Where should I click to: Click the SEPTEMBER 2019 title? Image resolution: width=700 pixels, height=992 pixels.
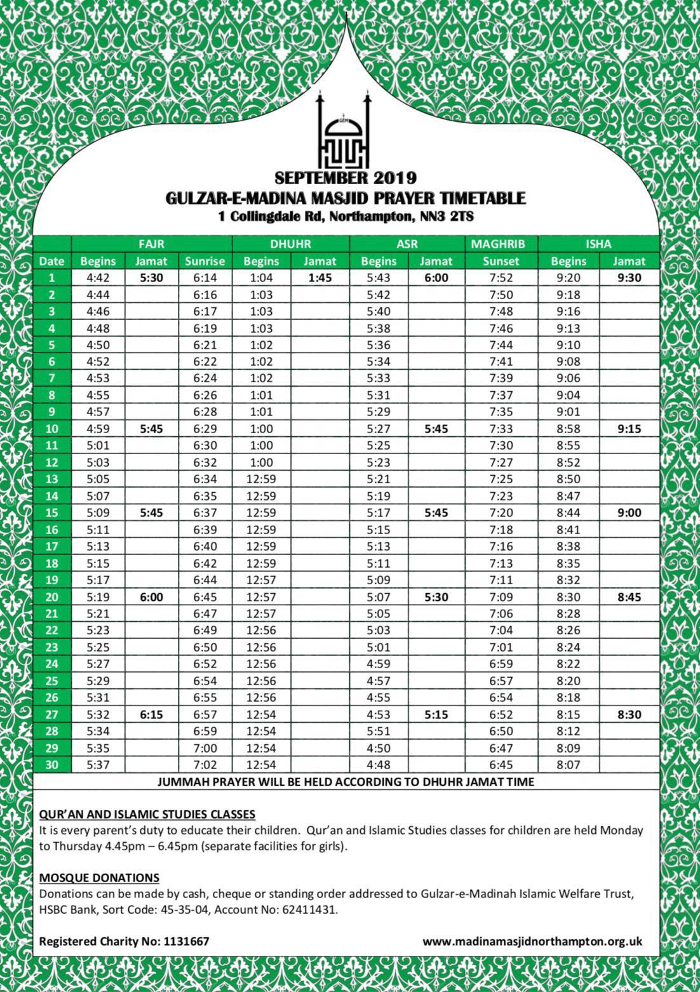[x=346, y=177]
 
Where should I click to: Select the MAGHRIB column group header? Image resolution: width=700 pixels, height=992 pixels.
[x=501, y=244]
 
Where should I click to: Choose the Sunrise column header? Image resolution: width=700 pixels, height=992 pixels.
[x=205, y=261]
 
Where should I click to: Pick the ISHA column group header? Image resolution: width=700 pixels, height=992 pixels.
[x=598, y=244]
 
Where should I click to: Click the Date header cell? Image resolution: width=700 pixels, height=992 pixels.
[x=51, y=261]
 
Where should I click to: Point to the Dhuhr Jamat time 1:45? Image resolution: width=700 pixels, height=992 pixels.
[x=320, y=278]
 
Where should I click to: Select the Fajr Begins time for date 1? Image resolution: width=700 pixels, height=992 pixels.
[x=98, y=278]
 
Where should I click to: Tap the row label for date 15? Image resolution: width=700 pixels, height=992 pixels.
[x=51, y=513]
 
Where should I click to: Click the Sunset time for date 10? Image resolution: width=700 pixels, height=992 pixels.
[x=501, y=429]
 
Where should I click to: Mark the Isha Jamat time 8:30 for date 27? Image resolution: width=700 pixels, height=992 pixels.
[x=629, y=714]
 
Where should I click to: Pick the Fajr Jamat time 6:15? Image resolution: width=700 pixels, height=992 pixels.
[x=151, y=714]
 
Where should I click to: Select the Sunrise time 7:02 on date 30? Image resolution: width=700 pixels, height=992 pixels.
[x=205, y=765]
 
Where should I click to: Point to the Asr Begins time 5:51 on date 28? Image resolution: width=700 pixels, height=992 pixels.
[x=379, y=731]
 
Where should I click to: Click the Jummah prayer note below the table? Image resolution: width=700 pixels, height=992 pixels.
[x=346, y=782]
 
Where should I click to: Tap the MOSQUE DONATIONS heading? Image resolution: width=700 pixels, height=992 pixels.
[x=99, y=878]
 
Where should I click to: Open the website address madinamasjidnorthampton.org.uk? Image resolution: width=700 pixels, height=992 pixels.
[x=532, y=941]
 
